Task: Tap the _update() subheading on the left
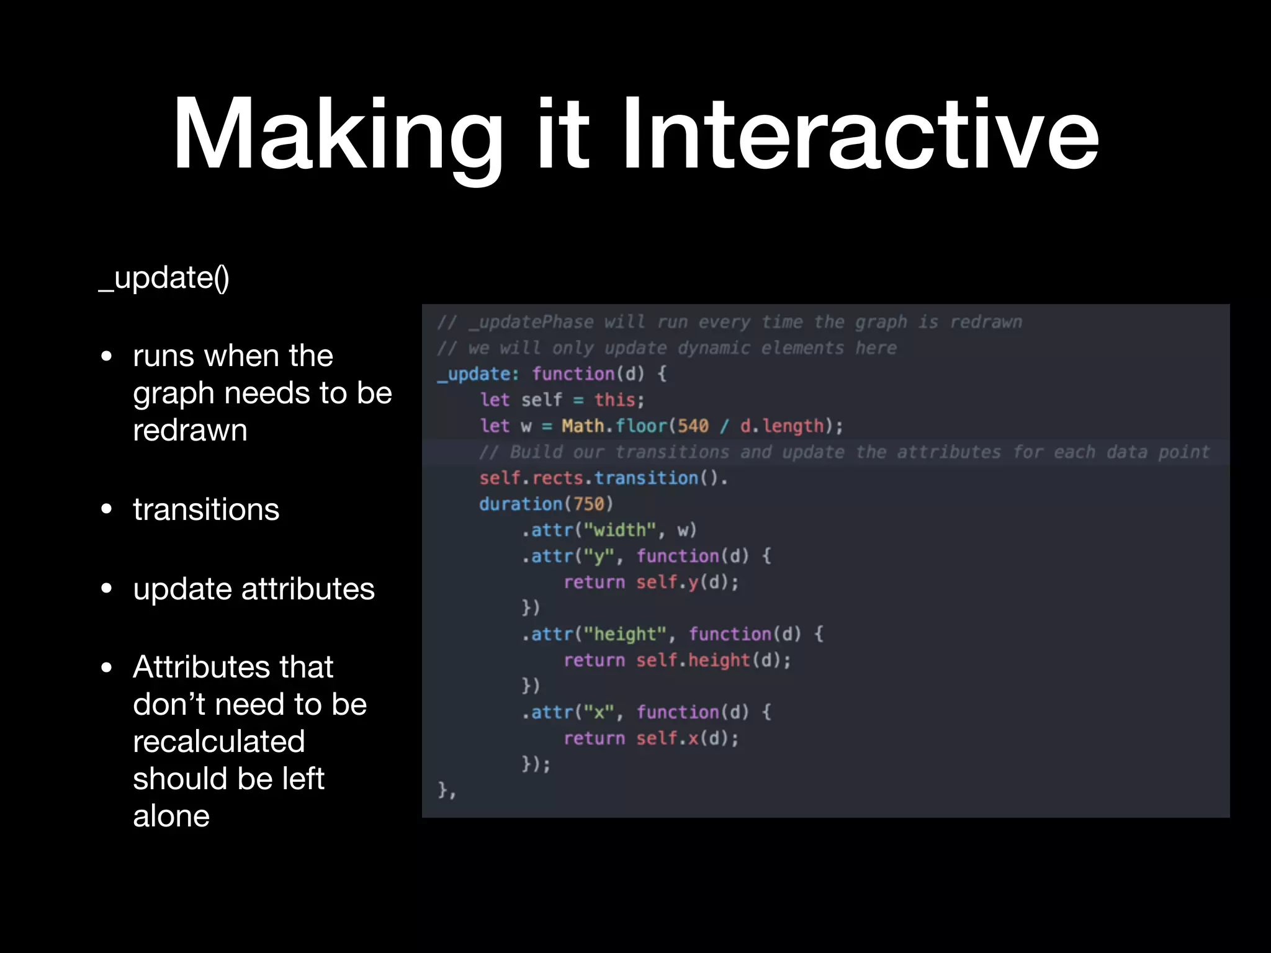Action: click(x=164, y=278)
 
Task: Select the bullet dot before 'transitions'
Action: click(x=107, y=509)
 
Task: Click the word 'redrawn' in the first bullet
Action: click(x=190, y=430)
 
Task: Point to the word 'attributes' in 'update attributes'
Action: click(x=308, y=589)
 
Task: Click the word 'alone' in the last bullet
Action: click(x=171, y=816)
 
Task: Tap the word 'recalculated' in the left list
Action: click(x=219, y=741)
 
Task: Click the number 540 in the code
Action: click(x=693, y=426)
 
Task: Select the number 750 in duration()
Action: click(x=588, y=504)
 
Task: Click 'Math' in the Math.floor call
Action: click(x=583, y=426)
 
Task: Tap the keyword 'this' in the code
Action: click(x=614, y=400)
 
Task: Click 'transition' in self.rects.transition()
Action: click(x=646, y=478)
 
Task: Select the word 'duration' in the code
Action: click(x=521, y=504)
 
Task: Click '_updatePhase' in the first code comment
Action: click(x=531, y=322)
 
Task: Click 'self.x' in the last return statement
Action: click(x=667, y=738)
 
